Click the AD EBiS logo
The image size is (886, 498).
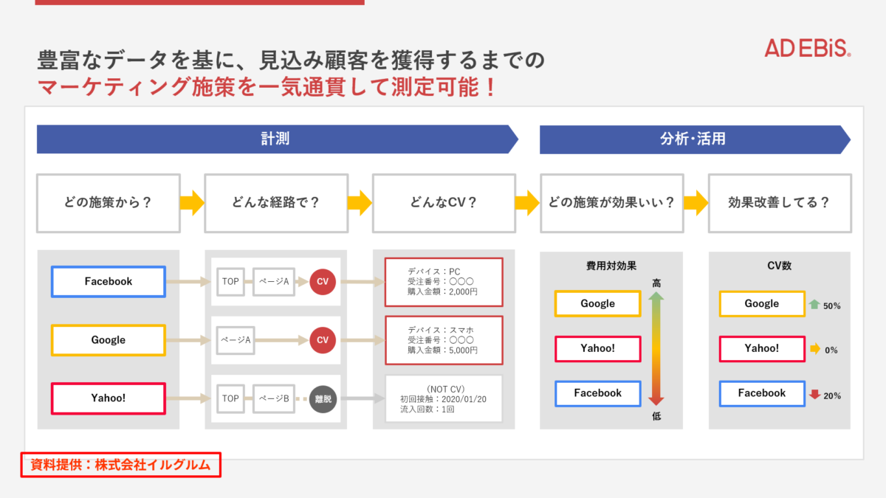click(x=807, y=48)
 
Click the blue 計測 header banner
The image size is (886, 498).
click(x=277, y=139)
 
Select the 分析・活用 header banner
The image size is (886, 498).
click(x=695, y=139)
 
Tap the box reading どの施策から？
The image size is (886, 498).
click(x=109, y=203)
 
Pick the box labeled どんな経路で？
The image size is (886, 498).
click(x=276, y=203)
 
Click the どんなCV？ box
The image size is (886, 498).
click(x=444, y=203)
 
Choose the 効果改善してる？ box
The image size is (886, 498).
click(x=780, y=203)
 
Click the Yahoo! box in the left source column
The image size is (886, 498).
click(x=109, y=398)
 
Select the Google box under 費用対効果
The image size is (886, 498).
click(x=597, y=303)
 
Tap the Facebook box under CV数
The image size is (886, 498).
click(x=762, y=393)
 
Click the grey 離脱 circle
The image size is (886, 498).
click(x=323, y=399)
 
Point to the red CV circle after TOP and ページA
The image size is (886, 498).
click(x=323, y=282)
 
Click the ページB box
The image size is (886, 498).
click(x=274, y=399)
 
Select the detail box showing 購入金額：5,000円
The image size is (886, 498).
click(x=444, y=340)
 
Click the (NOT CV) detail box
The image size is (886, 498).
click(x=444, y=399)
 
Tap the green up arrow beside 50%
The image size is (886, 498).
click(x=814, y=304)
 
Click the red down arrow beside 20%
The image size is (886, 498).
click(x=814, y=395)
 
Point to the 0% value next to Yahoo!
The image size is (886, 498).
click(x=831, y=350)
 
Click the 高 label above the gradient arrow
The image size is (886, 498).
click(x=656, y=283)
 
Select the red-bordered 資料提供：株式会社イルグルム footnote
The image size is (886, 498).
click(x=120, y=465)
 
